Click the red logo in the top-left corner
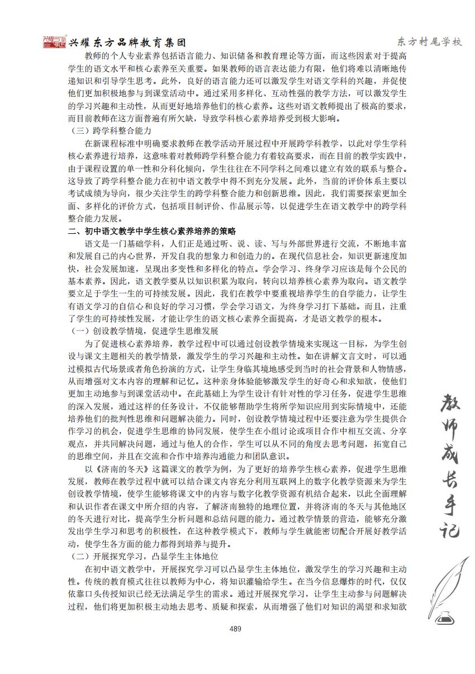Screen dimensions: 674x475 54,43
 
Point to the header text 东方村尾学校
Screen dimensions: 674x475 429,43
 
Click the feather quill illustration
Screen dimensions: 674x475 450,582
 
